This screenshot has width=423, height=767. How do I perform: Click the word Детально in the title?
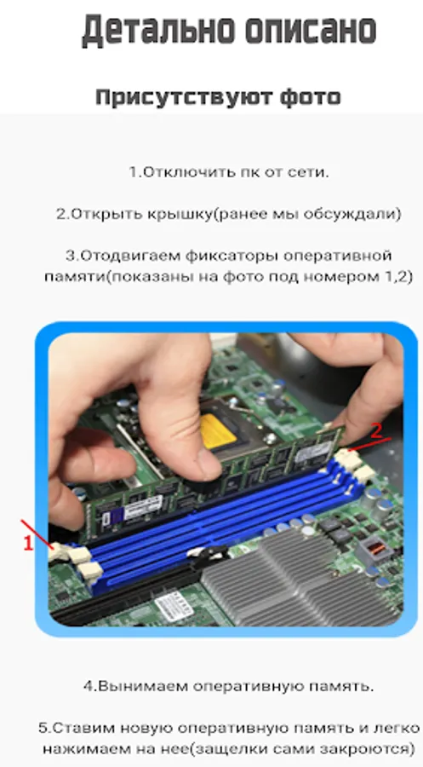point(157,31)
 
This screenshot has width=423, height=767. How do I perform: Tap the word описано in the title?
point(311,31)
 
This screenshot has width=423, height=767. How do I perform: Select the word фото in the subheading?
point(310,97)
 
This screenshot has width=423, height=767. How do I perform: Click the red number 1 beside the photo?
point(28,543)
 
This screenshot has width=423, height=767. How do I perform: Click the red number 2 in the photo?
point(376,431)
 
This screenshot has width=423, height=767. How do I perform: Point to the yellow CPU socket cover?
point(219,431)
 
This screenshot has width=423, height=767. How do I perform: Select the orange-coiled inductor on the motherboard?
point(375,548)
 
